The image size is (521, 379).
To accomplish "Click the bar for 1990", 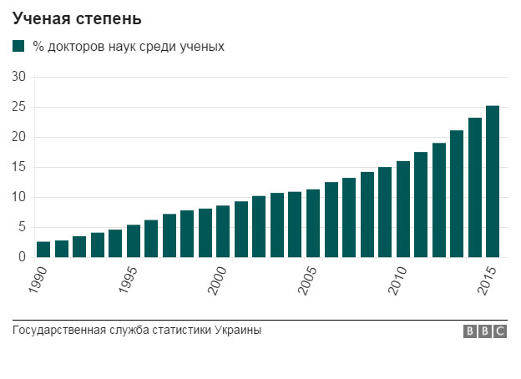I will coord(43,250).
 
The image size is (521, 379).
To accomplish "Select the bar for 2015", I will coord(493,182).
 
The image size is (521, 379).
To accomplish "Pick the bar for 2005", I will coord(313,224).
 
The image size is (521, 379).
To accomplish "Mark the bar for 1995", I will coord(134,241).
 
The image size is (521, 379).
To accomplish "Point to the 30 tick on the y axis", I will coord(19,78).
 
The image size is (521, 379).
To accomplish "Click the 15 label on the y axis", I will coord(19,168).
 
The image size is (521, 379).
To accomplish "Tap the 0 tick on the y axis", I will coord(23,258).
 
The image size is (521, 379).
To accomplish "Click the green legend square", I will coord(19,47).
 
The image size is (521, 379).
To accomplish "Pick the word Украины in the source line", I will coord(238,330).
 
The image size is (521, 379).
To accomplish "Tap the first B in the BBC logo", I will coord(471,331).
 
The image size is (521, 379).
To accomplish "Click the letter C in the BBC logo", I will coord(499,331).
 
